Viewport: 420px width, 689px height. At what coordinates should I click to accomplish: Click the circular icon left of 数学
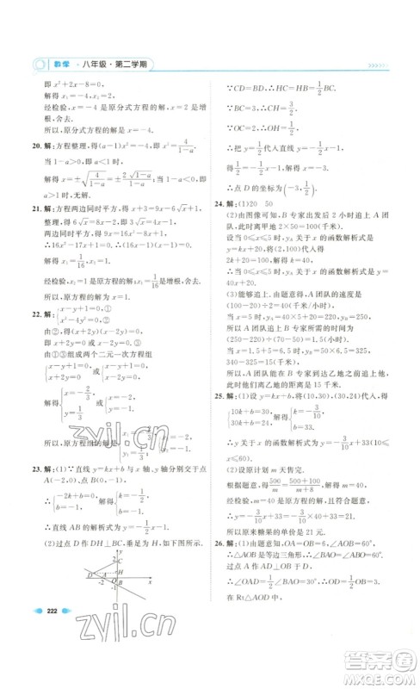37,66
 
